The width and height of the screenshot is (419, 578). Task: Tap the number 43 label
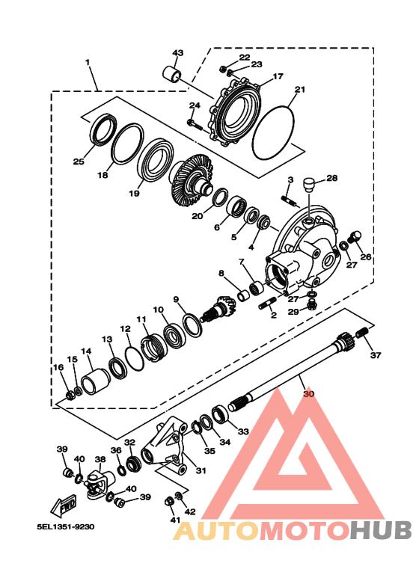tap(177, 53)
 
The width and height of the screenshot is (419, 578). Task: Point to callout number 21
tap(300, 90)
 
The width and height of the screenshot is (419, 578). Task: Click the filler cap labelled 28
tap(305, 183)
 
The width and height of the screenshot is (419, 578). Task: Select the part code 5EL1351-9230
tap(66, 526)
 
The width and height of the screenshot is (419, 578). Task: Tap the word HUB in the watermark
tap(381, 530)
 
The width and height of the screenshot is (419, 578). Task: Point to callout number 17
tap(278, 76)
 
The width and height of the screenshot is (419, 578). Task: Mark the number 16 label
tap(58, 366)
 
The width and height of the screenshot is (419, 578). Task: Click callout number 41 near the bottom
tap(175, 519)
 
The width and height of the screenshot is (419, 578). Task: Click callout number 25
tap(79, 161)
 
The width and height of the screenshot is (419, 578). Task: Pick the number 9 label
tap(177, 300)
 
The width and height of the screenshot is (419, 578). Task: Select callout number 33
tap(242, 431)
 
